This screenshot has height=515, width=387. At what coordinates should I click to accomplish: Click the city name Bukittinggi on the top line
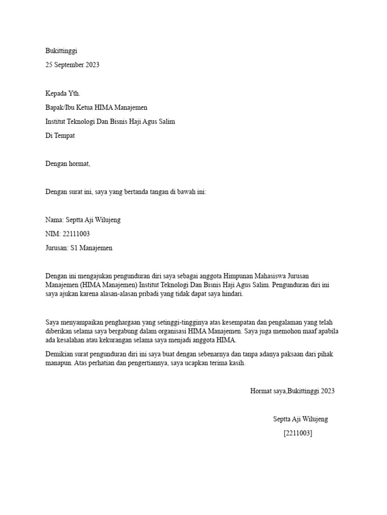61,51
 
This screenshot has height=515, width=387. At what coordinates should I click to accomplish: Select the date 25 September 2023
72,65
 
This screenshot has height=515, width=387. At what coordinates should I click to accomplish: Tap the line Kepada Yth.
62,94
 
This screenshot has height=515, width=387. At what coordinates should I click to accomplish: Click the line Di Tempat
60,136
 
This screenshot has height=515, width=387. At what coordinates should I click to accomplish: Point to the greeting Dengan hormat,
68,164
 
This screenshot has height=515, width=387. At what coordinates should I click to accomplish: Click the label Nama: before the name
54,220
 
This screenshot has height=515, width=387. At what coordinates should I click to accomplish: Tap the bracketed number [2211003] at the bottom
298,433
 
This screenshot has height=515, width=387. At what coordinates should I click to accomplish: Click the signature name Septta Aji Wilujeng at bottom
300,419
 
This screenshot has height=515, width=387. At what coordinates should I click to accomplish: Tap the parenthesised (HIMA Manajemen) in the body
111,285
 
